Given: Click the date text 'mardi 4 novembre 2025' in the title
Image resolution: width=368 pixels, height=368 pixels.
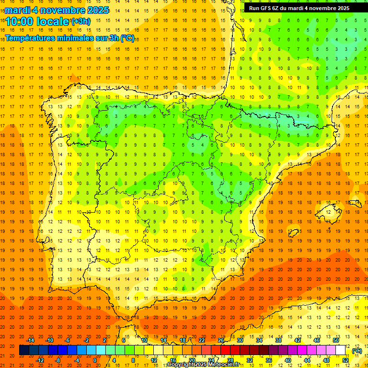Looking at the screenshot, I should [x=57, y=10].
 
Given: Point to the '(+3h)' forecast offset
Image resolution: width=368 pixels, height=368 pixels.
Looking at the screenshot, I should [x=80, y=21].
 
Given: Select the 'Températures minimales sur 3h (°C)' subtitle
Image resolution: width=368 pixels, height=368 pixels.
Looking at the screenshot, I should [x=70, y=38].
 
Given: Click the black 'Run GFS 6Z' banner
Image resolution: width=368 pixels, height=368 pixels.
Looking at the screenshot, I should [x=299, y=8].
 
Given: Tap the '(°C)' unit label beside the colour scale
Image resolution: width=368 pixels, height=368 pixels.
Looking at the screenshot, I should [x=357, y=351].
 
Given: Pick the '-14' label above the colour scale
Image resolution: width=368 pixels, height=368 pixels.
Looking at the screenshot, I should [x=31, y=340].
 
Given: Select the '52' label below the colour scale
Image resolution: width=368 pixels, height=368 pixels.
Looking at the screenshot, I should [x=345, y=360].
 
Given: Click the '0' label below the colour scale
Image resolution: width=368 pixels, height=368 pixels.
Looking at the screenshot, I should [x=95, y=360].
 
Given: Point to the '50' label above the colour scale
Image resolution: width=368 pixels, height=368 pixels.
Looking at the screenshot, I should [x=336, y=340].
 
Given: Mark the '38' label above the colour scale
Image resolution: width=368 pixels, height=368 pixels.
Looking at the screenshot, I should [x=278, y=340].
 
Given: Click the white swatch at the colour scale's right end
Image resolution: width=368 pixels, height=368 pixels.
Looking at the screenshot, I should [x=341, y=350].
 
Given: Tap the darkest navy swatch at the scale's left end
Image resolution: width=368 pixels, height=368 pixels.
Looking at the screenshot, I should [x=24, y=350].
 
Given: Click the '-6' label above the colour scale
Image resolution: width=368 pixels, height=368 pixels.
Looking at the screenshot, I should [x=68, y=340].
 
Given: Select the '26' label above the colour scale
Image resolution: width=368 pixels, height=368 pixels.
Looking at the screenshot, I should [x=220, y=340].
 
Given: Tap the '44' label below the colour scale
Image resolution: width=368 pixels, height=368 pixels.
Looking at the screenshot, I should [x=307, y=360].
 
